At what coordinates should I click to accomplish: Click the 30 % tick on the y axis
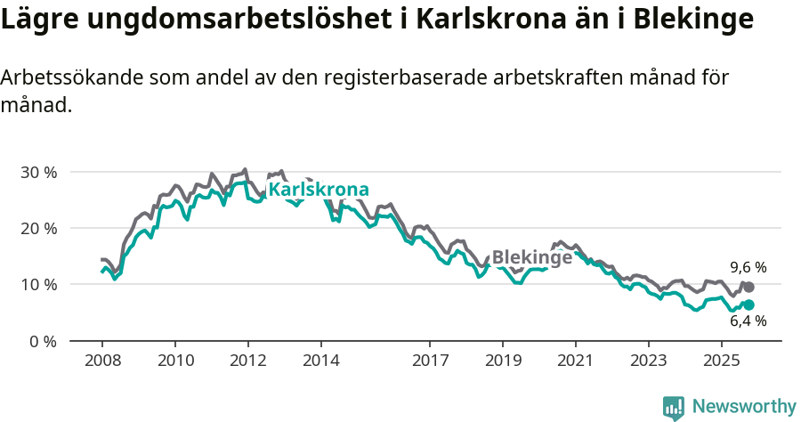tap(38, 172)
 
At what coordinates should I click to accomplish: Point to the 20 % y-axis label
tap(38, 228)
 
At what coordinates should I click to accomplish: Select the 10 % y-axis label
tap(38, 285)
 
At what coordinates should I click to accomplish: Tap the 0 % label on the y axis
tap(43, 341)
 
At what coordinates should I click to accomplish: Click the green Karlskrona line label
tap(319, 190)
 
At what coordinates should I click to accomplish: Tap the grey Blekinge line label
tap(531, 257)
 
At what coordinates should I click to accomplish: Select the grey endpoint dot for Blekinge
tap(748, 287)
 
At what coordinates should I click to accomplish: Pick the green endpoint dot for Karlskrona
tap(748, 304)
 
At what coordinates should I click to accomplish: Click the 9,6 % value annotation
tap(748, 267)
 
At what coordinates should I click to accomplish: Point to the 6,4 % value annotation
tap(748, 321)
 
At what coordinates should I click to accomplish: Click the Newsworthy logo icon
tap(674, 407)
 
